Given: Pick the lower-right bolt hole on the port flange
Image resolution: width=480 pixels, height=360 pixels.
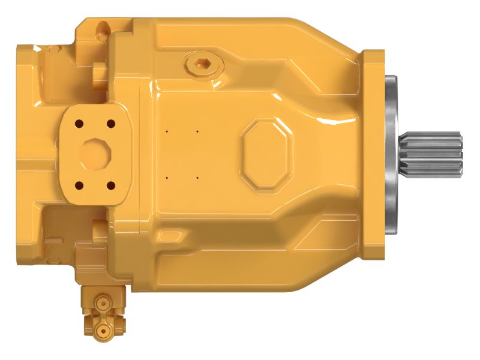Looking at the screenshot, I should [x=110, y=184].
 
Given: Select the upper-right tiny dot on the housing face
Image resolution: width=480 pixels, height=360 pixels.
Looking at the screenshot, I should [x=197, y=129].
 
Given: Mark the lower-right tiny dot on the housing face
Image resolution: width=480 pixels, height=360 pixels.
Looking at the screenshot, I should [x=197, y=177].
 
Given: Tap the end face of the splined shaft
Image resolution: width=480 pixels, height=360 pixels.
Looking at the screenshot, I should [x=461, y=154].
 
